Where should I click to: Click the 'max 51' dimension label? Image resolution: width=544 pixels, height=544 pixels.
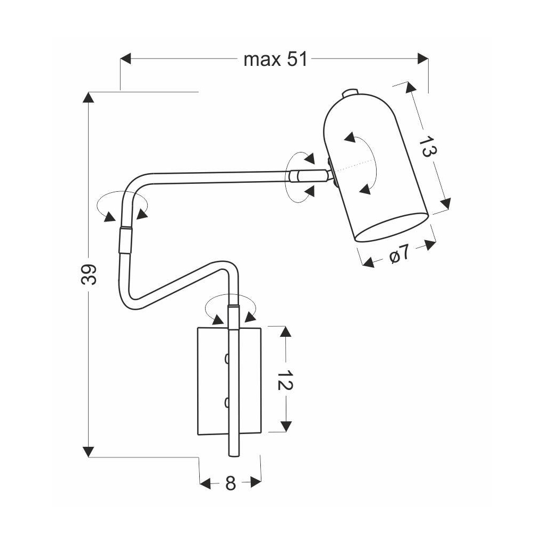point(275,59)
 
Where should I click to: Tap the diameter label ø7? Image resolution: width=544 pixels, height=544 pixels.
point(399,254)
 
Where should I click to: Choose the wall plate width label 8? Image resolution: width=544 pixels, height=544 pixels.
point(230,483)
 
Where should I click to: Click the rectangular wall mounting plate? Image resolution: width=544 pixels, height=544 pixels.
point(212,380)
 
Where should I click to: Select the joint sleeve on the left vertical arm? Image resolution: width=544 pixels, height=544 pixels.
point(124,240)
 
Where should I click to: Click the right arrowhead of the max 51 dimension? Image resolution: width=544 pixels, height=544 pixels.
point(423,59)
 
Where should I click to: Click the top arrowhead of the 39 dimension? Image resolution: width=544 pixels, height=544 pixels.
point(88,97)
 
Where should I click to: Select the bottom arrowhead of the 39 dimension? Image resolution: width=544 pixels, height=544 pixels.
point(88,452)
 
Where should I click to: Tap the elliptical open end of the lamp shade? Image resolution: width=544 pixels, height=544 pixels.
point(391,227)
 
